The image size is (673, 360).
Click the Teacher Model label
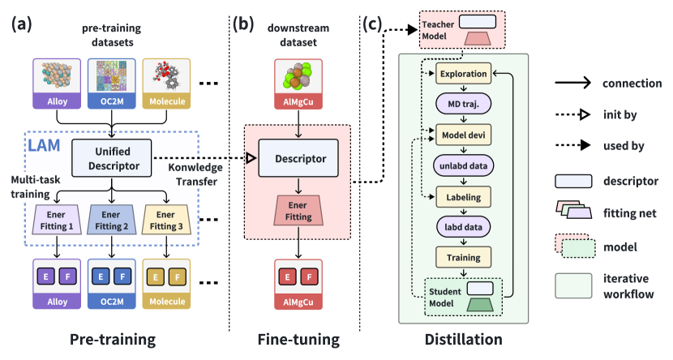click(439, 29)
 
